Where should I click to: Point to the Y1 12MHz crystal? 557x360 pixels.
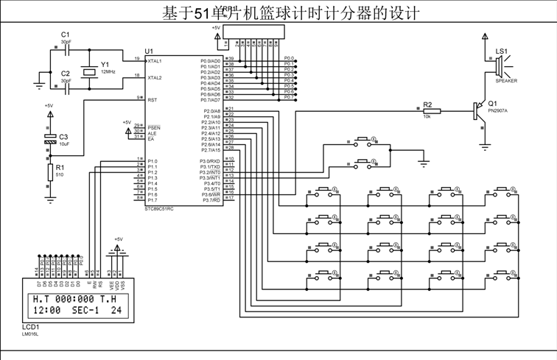point(89,71)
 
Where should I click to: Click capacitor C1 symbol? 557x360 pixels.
point(66,49)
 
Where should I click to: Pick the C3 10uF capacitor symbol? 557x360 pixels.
point(50,138)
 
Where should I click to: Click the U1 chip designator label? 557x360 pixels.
point(150,51)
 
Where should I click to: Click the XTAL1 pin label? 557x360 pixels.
point(155,60)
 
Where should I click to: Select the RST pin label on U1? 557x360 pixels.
point(152,99)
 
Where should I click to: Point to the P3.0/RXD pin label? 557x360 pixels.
point(210,160)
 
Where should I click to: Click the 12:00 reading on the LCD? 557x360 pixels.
point(45,311)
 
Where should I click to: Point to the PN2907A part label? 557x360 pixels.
point(498,110)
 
